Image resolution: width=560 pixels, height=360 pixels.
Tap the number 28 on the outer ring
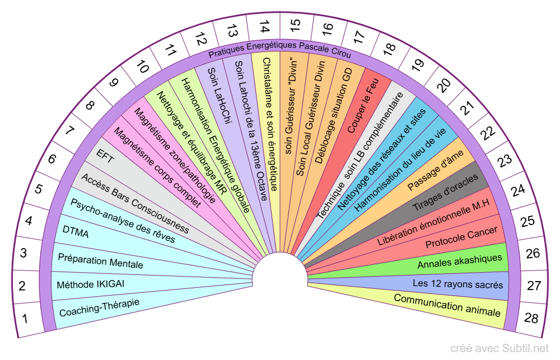click(531, 319)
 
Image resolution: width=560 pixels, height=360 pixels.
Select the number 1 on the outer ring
click(25, 319)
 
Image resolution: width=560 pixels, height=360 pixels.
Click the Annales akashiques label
click(460, 261)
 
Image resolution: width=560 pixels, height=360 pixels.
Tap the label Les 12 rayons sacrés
click(458, 284)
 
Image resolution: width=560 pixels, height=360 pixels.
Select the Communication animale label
click(447, 305)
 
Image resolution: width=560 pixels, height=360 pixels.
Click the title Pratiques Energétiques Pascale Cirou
click(279, 54)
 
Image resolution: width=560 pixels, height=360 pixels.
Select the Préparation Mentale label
click(100, 261)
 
